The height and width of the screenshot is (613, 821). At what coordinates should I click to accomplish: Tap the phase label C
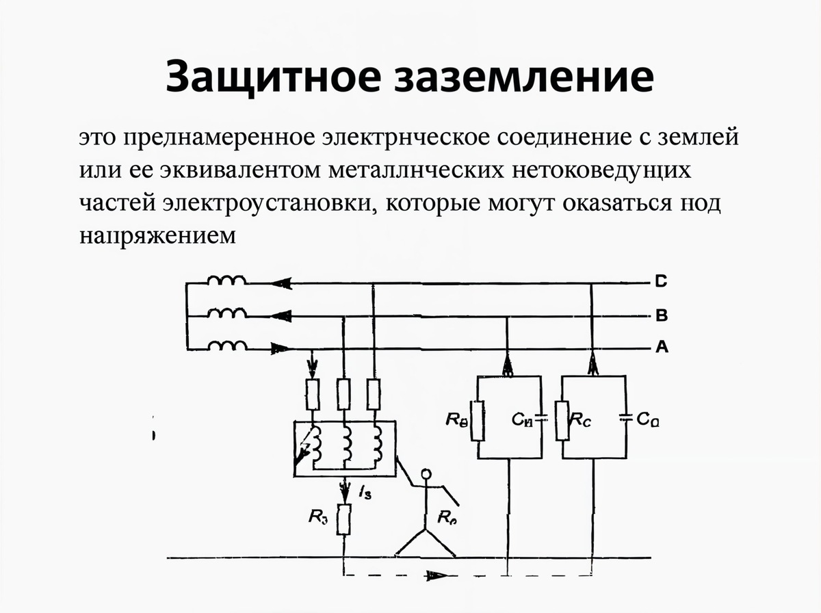661,281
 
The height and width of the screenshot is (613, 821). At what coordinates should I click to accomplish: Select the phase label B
661,315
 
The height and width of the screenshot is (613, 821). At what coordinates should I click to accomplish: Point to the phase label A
661,348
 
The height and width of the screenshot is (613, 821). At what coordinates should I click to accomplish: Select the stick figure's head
427,473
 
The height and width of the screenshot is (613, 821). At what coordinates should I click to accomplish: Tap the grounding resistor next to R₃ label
345,519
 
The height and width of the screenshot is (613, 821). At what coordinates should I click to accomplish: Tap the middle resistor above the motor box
344,394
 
